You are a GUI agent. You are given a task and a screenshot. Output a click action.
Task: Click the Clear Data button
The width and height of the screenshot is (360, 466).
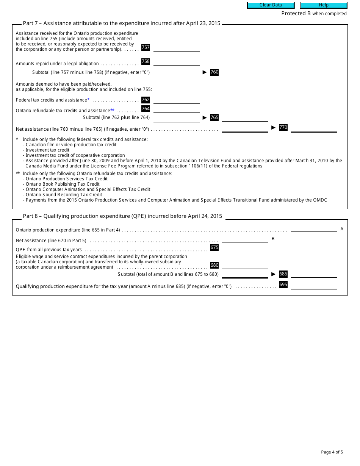coord(271,5)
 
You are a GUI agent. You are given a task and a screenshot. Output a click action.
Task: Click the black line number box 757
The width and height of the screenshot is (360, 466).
coord(146,47)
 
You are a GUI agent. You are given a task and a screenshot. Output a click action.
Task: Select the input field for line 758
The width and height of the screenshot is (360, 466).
coord(176,62)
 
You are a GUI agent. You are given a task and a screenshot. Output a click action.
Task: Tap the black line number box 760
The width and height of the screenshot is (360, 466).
coord(214,72)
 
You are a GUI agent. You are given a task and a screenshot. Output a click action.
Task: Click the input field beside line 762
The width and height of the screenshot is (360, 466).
coord(176,100)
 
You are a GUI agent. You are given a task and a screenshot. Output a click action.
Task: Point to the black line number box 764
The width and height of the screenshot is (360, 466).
coord(146,109)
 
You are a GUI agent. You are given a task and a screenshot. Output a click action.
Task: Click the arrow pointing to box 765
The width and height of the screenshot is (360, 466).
coord(205,117)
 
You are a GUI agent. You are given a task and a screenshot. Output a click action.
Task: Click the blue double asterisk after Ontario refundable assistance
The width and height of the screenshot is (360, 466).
coord(112,110)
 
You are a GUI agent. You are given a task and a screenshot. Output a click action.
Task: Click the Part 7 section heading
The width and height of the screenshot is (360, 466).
coord(122,23)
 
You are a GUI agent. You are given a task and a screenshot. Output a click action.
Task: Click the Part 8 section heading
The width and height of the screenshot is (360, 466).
coord(122,216)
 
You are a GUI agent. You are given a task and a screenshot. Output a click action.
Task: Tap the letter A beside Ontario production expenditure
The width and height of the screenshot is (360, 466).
coord(342,229)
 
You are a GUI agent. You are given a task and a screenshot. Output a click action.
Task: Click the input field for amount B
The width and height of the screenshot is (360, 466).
coord(245,239)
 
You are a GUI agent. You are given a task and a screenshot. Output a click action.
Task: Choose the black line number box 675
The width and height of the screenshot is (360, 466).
coord(214,247)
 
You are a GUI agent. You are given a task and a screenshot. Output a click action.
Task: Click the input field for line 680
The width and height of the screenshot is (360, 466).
coord(245,266)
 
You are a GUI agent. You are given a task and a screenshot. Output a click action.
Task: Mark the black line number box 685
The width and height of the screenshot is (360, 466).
coord(283,274)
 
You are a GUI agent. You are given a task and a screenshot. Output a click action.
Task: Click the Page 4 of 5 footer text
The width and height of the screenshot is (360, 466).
coord(332,452)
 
